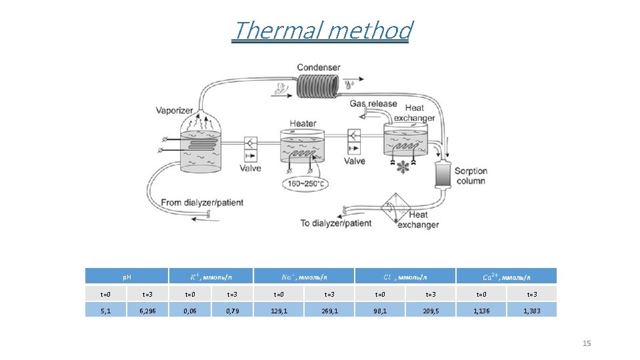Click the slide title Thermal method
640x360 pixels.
(x=322, y=31)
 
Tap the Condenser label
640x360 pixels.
(x=319, y=67)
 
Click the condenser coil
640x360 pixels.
(x=319, y=85)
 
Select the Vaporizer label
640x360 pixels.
(x=175, y=110)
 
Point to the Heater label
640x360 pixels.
(x=303, y=123)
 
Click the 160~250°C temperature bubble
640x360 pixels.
(x=308, y=183)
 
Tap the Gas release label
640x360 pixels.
(x=373, y=104)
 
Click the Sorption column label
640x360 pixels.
(x=471, y=176)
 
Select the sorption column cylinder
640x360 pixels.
(x=442, y=175)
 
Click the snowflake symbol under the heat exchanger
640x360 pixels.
(x=403, y=167)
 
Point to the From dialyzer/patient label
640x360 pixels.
(x=202, y=202)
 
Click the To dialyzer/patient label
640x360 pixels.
(x=336, y=223)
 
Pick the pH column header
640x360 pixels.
(x=127, y=276)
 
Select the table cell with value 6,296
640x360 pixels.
(x=147, y=310)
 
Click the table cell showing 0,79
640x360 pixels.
(x=233, y=310)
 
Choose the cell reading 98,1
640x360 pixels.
(x=380, y=310)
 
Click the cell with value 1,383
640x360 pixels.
(x=532, y=310)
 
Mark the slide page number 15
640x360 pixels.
(x=587, y=343)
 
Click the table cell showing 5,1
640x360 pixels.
(x=105, y=310)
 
